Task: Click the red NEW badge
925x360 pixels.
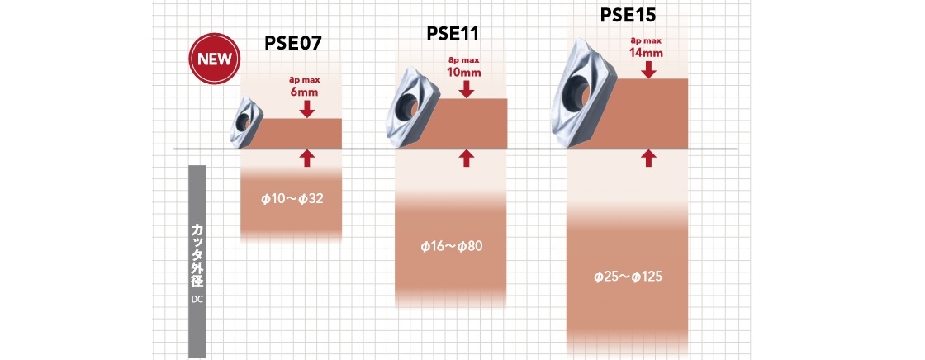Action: pyautogui.click(x=213, y=59)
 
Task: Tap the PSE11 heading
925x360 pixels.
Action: pyautogui.click(x=453, y=33)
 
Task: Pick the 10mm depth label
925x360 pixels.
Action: pyautogui.click(x=464, y=72)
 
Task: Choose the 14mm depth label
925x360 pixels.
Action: pyautogui.click(x=646, y=52)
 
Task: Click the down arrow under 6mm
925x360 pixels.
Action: pyautogui.click(x=307, y=107)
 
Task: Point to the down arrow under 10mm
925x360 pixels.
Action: pyautogui.click(x=467, y=88)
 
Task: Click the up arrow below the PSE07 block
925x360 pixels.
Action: pyautogui.click(x=307, y=159)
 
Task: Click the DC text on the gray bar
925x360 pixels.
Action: pyautogui.click(x=197, y=299)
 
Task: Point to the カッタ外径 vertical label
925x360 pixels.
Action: pyautogui.click(x=197, y=253)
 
